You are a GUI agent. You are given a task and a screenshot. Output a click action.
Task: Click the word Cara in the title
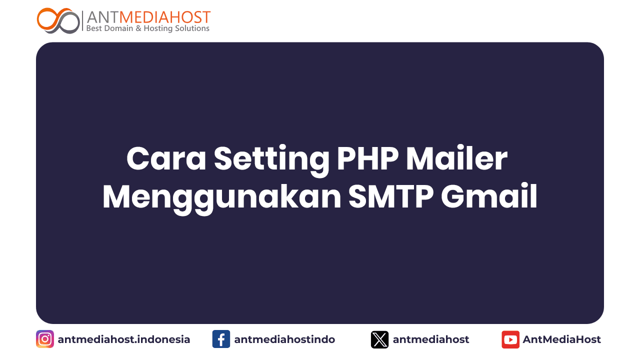point(166,159)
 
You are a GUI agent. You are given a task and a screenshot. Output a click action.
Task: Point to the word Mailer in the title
point(456,159)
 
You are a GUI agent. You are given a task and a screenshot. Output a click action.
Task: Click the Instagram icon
point(45,339)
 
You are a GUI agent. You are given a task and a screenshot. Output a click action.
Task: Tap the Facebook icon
point(221,339)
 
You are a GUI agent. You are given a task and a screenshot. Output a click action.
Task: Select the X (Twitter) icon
point(380,339)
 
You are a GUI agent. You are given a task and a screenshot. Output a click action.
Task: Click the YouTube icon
point(510,339)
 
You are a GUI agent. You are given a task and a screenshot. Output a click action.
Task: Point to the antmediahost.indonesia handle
point(124,339)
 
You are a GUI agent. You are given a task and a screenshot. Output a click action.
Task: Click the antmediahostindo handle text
point(284,339)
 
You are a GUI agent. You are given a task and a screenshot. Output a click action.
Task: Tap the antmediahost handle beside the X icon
point(431,339)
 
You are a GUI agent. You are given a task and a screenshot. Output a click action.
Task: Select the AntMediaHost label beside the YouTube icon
point(562,339)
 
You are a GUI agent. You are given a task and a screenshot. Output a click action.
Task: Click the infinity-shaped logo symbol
point(58,20)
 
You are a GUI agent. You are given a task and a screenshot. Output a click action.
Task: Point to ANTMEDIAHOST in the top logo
point(148,17)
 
